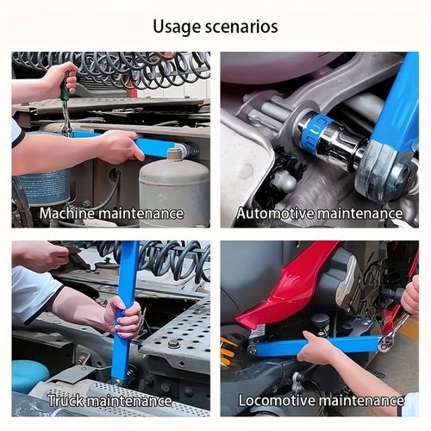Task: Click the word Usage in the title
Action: pos(177,26)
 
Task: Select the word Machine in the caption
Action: pos(70,212)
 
